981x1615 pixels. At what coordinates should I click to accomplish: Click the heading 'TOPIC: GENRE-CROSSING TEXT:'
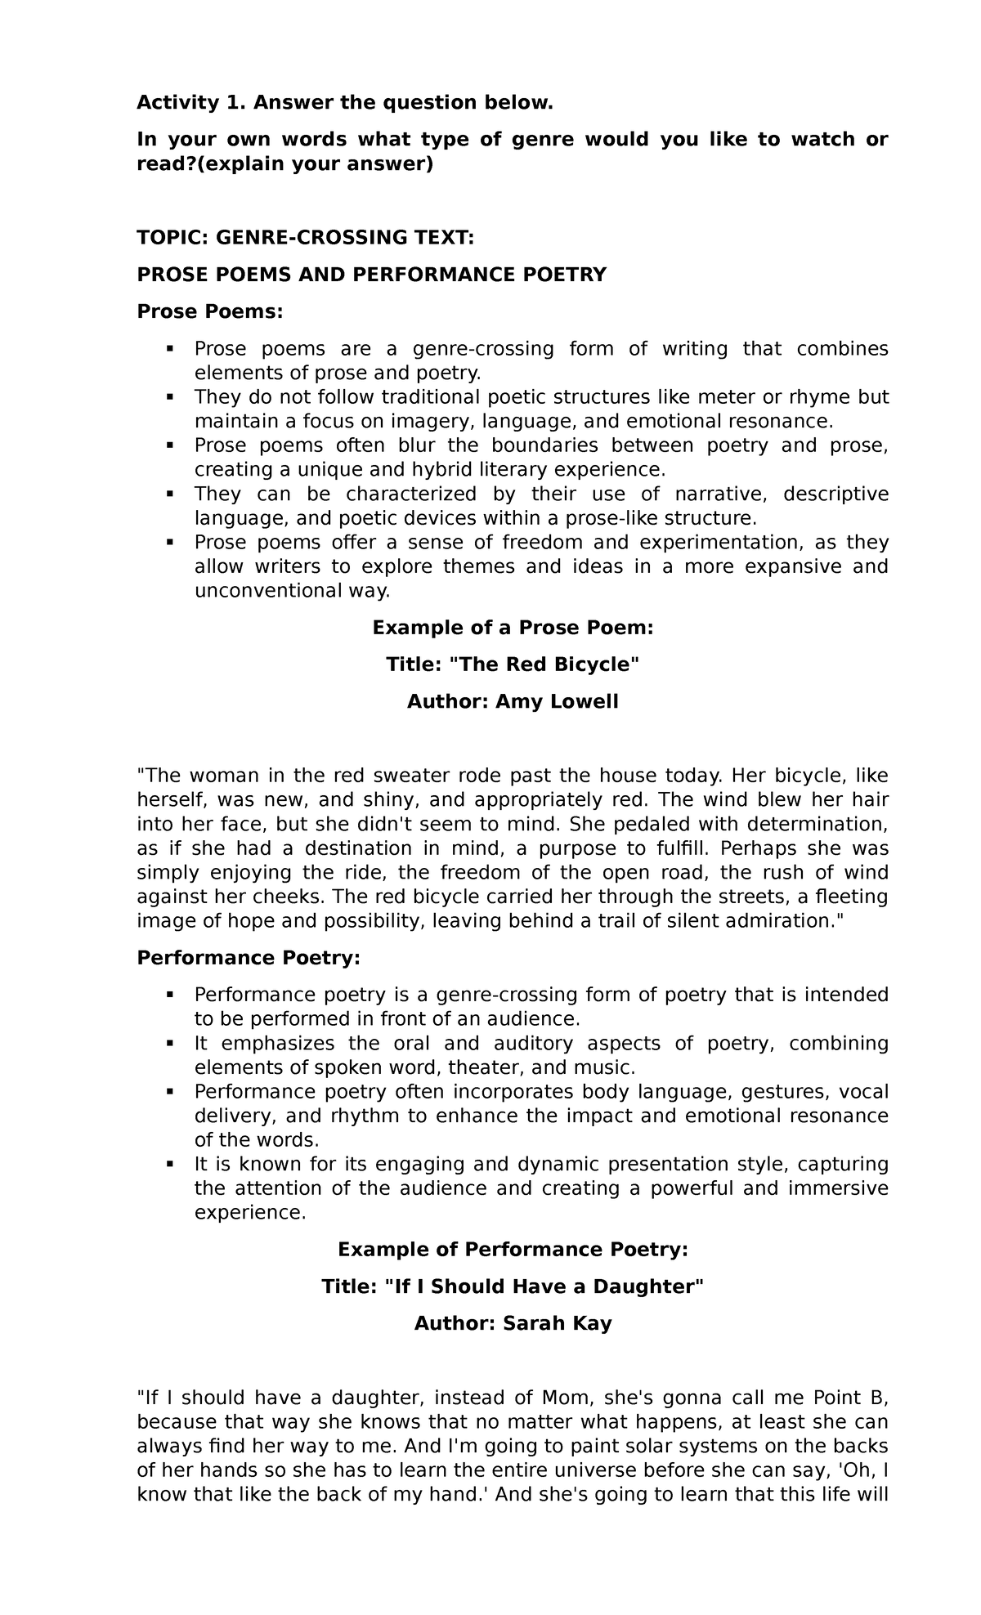click(305, 238)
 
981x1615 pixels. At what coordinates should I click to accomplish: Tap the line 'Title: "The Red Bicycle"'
click(513, 664)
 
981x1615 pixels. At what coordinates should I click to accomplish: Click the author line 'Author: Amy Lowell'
click(513, 701)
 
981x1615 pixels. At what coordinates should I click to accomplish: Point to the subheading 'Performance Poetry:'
click(249, 957)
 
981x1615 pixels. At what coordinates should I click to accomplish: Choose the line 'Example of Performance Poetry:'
click(513, 1250)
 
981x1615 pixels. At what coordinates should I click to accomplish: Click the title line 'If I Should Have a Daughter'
click(513, 1286)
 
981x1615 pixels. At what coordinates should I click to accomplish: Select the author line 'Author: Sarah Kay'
click(513, 1323)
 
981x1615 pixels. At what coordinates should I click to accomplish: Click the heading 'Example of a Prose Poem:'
click(513, 628)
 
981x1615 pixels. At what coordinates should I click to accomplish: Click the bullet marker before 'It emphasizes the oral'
click(170, 1044)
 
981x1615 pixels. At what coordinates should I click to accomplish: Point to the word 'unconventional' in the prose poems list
click(258, 590)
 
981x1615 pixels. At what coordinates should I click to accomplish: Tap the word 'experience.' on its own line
click(250, 1212)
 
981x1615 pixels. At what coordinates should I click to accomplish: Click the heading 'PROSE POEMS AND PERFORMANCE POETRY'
click(372, 275)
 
